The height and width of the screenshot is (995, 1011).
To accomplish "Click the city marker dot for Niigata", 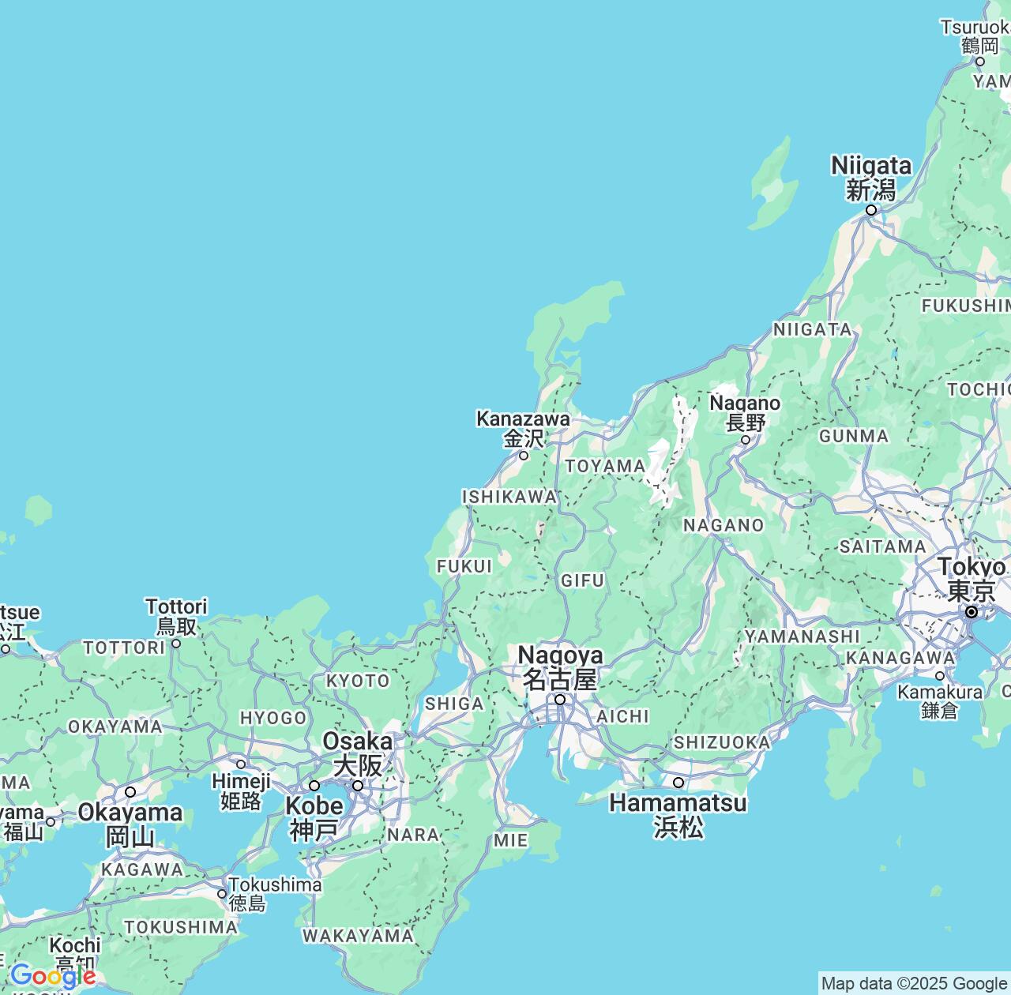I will click(x=871, y=210).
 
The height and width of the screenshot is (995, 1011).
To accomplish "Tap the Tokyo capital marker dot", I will click(x=972, y=612).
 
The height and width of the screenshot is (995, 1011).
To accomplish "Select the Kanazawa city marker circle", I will click(x=523, y=455).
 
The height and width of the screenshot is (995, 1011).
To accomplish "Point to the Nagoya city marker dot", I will click(x=560, y=699).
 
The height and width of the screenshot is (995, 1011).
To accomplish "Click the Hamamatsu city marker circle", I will click(x=678, y=783).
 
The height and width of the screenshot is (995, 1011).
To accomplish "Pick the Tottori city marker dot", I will click(x=176, y=643).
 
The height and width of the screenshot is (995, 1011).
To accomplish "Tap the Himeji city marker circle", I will click(x=241, y=764).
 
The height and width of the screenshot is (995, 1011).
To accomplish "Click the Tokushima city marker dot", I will click(x=222, y=894).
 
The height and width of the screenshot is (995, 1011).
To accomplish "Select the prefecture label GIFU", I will click(x=583, y=581).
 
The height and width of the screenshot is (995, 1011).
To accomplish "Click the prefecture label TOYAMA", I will click(x=605, y=466).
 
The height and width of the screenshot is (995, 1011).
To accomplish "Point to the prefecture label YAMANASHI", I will click(x=802, y=636).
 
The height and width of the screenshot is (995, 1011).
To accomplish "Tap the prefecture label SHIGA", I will click(x=454, y=704).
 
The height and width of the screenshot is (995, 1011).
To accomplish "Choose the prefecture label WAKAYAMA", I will click(x=358, y=936).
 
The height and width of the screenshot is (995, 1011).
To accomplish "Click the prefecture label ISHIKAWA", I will click(x=509, y=497).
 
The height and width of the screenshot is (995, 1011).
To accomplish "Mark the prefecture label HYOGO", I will click(x=273, y=718).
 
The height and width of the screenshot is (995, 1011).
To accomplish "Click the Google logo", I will click(x=52, y=977).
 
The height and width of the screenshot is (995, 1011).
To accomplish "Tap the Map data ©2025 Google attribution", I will click(x=914, y=983).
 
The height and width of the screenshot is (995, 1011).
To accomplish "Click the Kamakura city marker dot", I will click(x=940, y=676).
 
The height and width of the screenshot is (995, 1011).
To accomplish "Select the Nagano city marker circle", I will click(x=745, y=440).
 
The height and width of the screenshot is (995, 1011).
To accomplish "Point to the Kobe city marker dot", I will click(x=314, y=786).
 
